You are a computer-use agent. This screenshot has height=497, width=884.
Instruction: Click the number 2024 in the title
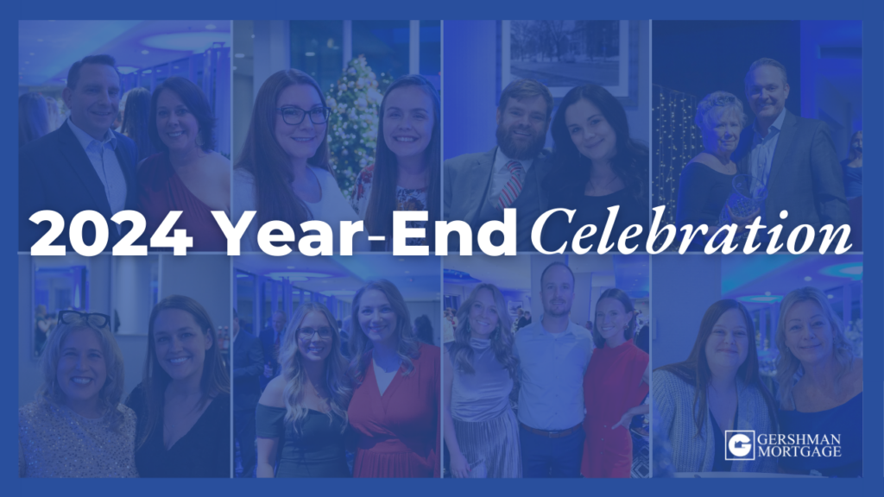pos(110,233)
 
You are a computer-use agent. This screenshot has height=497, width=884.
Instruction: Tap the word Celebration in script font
pos(691,231)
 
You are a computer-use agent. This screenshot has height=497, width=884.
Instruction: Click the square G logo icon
pos(740,445)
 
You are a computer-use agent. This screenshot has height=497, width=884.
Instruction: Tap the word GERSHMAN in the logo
pos(799,439)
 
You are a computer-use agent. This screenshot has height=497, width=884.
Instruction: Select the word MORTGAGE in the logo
pos(799,451)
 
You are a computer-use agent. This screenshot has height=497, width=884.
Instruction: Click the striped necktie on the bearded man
pos(510,183)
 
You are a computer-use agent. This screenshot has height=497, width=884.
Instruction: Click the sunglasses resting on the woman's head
pos(84,319)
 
